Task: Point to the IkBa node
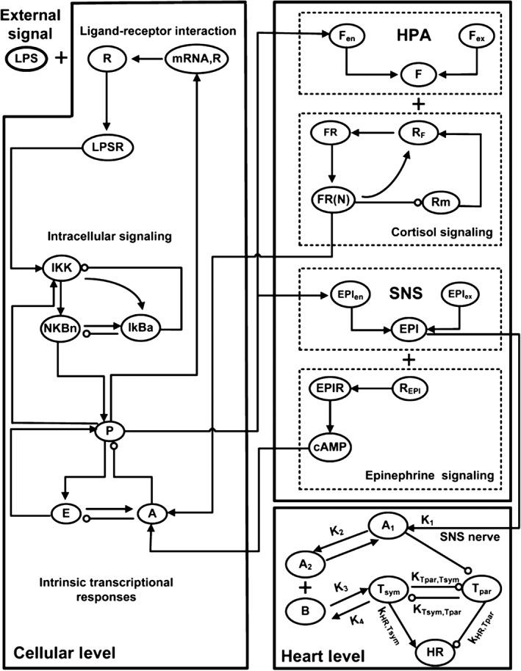(140, 326)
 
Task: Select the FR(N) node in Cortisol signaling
(332, 200)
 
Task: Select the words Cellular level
(65, 652)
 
